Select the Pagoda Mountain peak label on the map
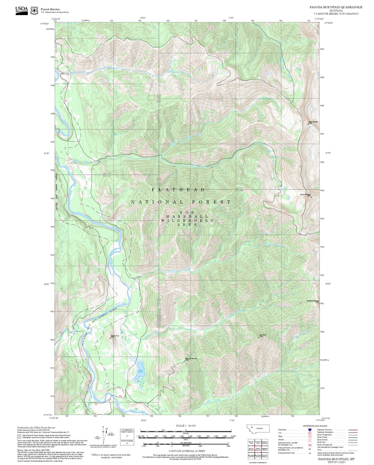[305, 195]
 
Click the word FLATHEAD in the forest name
[178, 190]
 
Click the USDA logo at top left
[21, 10]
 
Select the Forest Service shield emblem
[34, 11]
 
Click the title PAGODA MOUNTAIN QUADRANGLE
[336, 7]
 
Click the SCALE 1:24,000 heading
[186, 426]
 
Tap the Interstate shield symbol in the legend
[310, 430]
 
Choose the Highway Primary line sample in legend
[353, 430]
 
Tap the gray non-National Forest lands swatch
[19, 436]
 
